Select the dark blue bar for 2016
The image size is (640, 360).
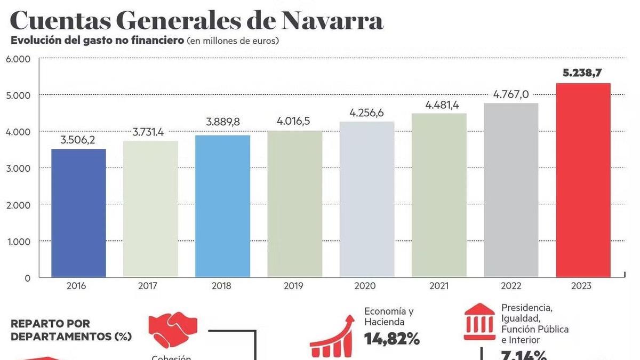[x=78, y=213]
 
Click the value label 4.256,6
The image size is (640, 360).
[x=366, y=113]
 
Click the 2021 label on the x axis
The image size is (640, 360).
[x=439, y=286]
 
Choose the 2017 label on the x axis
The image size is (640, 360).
[x=148, y=286]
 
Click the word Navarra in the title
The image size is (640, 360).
[x=332, y=21]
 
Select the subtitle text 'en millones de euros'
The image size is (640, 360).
[x=233, y=41]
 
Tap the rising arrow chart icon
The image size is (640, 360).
[x=332, y=336]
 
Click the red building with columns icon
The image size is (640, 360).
[x=479, y=321]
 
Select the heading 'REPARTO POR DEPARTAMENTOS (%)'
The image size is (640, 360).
[x=71, y=330]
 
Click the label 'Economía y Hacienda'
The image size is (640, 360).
[x=389, y=316]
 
